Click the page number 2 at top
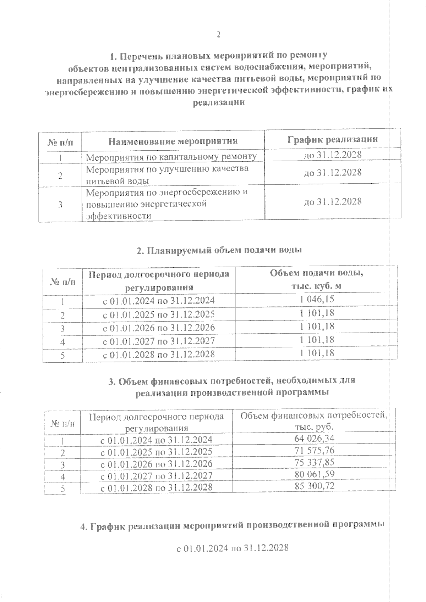[218, 34]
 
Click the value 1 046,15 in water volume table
[317, 300]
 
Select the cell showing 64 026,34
[314, 439]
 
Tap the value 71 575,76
[314, 451]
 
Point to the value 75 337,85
[314, 462]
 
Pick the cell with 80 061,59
[314, 474]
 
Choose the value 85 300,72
[314, 486]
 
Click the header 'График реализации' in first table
[333, 139]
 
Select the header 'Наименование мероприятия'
[173, 141]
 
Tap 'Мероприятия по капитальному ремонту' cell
[171, 157]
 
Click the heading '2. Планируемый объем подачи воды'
[219, 250]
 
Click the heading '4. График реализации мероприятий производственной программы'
[233, 526]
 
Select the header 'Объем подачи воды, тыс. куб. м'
[317, 279]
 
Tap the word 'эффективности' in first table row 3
[116, 216]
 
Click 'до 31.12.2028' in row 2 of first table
[333, 173]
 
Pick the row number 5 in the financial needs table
[62, 489]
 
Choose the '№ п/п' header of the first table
[60, 142]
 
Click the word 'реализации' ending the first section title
[218, 102]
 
